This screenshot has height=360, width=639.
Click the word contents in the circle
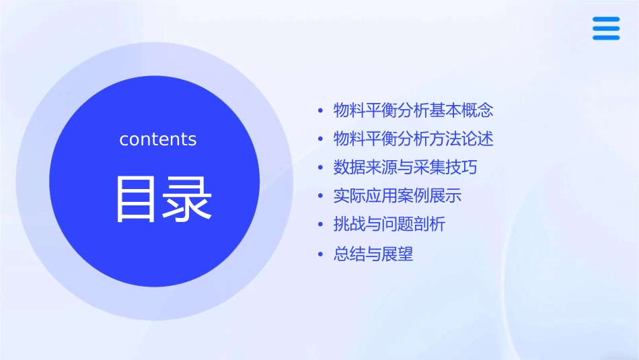click(x=158, y=139)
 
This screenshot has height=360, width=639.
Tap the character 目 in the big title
click(x=133, y=199)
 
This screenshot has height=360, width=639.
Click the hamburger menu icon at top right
click(x=606, y=28)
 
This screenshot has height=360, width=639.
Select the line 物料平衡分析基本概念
click(x=414, y=110)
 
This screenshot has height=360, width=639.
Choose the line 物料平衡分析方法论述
click(x=414, y=139)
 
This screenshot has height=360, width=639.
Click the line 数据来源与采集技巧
click(x=406, y=167)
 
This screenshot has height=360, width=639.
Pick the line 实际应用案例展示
click(x=398, y=196)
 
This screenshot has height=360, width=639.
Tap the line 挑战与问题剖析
click(x=389, y=225)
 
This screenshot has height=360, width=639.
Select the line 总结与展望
click(x=373, y=254)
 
